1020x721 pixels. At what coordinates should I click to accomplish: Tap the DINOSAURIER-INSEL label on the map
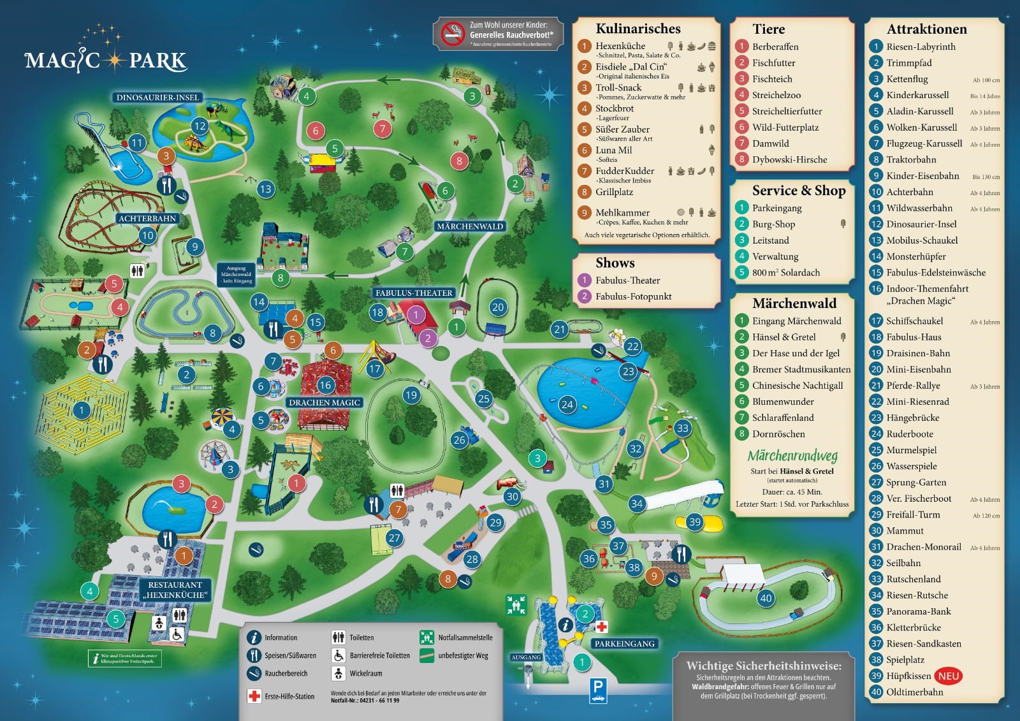tap(157, 98)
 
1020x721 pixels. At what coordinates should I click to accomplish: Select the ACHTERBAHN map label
tap(147, 218)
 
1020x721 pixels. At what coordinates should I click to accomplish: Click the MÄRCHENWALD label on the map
tap(470, 226)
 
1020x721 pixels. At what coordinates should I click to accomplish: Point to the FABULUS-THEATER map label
tap(414, 293)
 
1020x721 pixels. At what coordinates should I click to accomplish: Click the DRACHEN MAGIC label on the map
tap(324, 402)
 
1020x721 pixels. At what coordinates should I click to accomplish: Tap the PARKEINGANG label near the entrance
tap(624, 643)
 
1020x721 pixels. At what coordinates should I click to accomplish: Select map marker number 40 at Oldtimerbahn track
tap(766, 598)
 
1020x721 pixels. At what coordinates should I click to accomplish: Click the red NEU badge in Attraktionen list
tap(948, 676)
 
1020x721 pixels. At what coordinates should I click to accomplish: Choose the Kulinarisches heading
tap(637, 29)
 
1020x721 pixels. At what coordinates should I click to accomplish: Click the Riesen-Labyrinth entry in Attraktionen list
tap(920, 47)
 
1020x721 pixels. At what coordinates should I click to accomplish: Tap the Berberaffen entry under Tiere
tap(775, 47)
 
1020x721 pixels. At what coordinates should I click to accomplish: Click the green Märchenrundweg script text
tap(792, 455)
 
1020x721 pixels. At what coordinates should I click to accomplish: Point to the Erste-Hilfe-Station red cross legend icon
tap(254, 696)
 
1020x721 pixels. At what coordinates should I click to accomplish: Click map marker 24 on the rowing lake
tap(567, 404)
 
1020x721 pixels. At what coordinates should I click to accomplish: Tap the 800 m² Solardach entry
tap(785, 272)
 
